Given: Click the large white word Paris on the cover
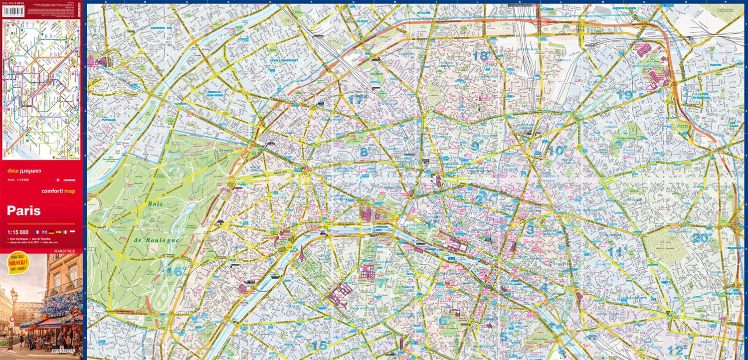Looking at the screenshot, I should click(24, 211).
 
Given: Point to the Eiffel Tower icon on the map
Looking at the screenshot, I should click(302, 254).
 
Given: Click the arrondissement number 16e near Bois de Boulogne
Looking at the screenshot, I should click(176, 272).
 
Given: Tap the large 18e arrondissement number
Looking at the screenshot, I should click(481, 56).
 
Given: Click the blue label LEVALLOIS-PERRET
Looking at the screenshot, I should click(284, 60).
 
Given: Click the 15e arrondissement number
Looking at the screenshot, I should click(322, 345).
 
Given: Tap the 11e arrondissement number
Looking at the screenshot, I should click(618, 252).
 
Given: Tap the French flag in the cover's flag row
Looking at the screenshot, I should click(36, 232).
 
